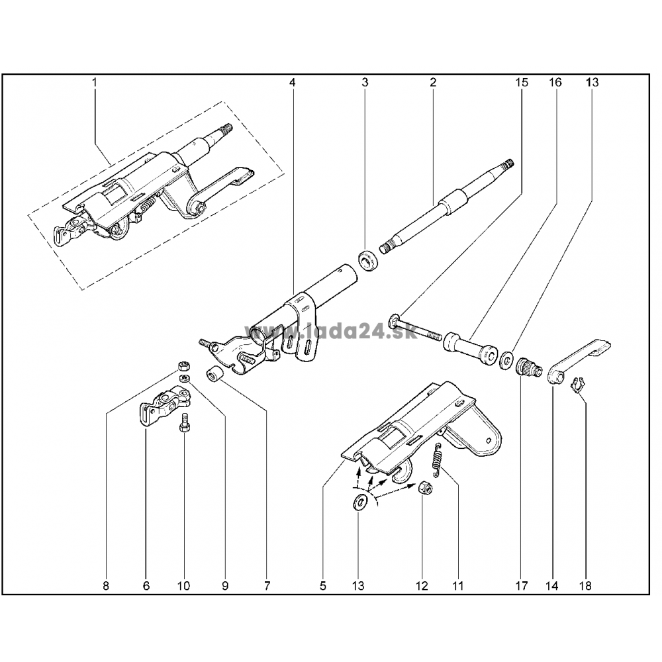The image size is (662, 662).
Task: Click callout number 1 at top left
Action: [95, 82]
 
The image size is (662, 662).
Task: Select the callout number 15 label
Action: [522, 82]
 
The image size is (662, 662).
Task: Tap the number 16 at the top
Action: [555, 82]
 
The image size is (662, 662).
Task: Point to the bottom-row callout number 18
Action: [586, 586]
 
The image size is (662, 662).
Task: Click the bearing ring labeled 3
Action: [369, 261]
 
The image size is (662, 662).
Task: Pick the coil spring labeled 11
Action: [438, 461]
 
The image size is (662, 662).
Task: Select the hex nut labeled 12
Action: [426, 488]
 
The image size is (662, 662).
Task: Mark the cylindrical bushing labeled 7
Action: [214, 373]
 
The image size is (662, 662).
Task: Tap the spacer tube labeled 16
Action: [470, 347]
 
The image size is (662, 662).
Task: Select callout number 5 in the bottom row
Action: [323, 586]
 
